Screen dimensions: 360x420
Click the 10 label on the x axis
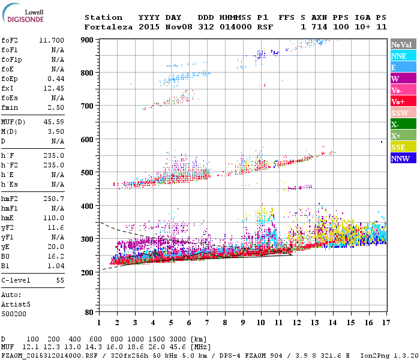click(260, 323)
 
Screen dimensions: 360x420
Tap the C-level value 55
click(60, 280)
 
